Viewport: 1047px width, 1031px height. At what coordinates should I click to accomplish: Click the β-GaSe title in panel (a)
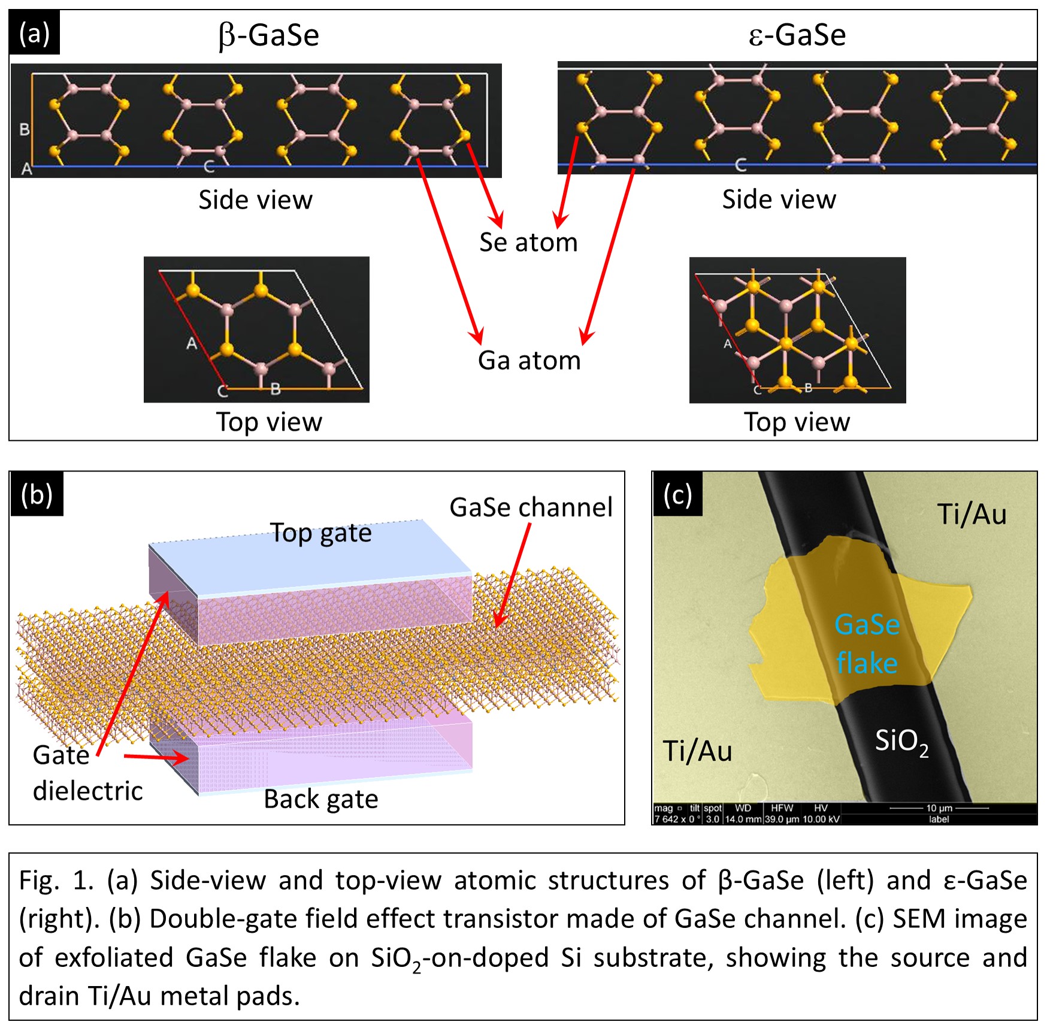pyautogui.click(x=269, y=35)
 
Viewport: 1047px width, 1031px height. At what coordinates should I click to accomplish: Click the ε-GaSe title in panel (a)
pyautogui.click(x=797, y=35)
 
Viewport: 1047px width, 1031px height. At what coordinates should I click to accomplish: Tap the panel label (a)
pyautogui.click(x=34, y=34)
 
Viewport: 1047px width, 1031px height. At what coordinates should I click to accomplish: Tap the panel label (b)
pyautogui.click(x=37, y=495)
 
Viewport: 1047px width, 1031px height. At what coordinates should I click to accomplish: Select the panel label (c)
pyautogui.click(x=677, y=495)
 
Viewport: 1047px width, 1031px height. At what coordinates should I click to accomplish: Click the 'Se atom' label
pyautogui.click(x=528, y=243)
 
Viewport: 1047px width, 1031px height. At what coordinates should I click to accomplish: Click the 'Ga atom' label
pyautogui.click(x=529, y=361)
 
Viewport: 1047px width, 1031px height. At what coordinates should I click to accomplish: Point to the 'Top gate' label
pyautogui.click(x=321, y=533)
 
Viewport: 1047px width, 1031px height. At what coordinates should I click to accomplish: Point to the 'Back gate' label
pyautogui.click(x=321, y=799)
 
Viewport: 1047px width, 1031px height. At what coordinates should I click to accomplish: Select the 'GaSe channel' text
pyautogui.click(x=531, y=507)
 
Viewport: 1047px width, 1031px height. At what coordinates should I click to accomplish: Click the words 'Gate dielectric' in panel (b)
pyautogui.click(x=87, y=773)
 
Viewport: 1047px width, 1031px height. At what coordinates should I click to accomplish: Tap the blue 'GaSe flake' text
pyautogui.click(x=867, y=644)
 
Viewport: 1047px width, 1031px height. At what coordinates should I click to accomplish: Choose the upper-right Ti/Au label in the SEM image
pyautogui.click(x=972, y=514)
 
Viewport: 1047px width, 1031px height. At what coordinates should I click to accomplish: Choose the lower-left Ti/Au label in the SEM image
pyautogui.click(x=697, y=751)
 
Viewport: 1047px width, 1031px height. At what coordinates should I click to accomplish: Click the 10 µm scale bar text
pyautogui.click(x=939, y=808)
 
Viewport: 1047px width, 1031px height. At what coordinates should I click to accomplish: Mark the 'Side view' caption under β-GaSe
pyautogui.click(x=255, y=200)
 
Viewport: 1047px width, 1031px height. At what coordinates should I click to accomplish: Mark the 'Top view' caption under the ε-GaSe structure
pyautogui.click(x=796, y=422)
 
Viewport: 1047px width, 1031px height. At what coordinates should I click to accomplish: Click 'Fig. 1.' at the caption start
pyautogui.click(x=56, y=881)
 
